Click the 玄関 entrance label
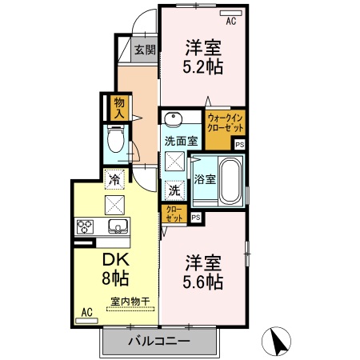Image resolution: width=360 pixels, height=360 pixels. pyautogui.click(x=144, y=50)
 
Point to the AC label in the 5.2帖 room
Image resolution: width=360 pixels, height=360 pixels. pyautogui.click(x=230, y=22)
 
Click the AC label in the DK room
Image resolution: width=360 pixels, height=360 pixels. pyautogui.click(x=85, y=314)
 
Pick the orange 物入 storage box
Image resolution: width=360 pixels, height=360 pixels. pyautogui.click(x=119, y=106)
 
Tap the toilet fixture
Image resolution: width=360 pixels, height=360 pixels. pyautogui.click(x=114, y=142)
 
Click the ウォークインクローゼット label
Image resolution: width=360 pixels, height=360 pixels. pyautogui.click(x=225, y=125)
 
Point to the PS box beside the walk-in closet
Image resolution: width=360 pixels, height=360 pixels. pyautogui.click(x=239, y=144)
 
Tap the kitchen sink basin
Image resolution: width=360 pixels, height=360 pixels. pyautogui.click(x=117, y=226)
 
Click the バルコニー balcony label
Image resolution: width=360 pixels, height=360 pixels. pyautogui.click(x=158, y=342)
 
